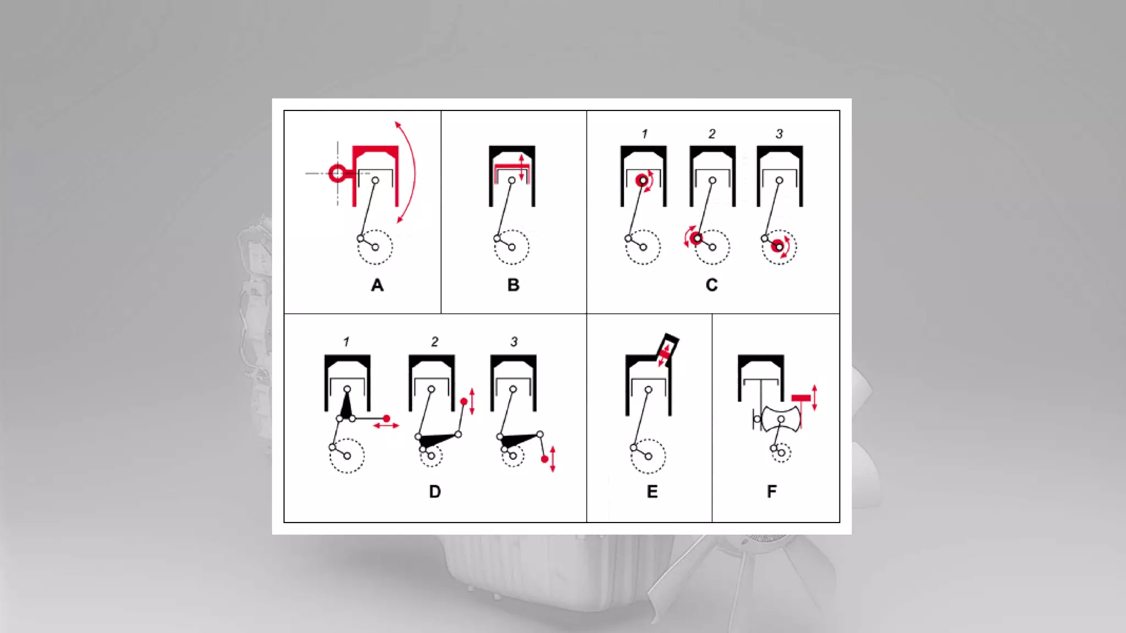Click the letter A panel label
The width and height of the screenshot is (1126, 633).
coord(377,285)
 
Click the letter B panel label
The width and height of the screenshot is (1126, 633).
coord(514,285)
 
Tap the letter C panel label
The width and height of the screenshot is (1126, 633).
coord(711,285)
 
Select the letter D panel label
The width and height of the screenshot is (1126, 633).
coord(435,491)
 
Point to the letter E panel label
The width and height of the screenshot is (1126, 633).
coord(652,491)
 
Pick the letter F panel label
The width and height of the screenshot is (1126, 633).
coord(772,491)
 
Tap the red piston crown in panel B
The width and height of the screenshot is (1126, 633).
coord(511,167)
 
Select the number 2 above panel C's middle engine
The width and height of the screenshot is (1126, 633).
coord(712,134)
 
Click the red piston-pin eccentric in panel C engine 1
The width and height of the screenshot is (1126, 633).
coord(643,180)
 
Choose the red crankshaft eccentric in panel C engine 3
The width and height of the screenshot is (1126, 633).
coord(778,247)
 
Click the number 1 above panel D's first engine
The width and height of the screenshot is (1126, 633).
coord(346,342)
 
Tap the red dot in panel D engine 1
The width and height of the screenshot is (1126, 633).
coord(387,419)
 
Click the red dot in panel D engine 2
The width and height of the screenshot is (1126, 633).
coord(463,402)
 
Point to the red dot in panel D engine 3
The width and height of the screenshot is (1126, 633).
coord(544,459)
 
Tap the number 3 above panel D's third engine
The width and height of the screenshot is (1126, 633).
coord(514,342)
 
